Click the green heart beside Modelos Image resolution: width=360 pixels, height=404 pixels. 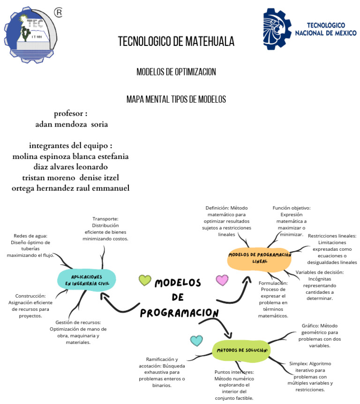click(145, 280)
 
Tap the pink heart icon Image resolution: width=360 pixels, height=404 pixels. click(222, 280)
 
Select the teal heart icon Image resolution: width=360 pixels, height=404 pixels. click(196, 341)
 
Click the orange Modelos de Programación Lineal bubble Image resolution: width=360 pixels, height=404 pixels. click(259, 258)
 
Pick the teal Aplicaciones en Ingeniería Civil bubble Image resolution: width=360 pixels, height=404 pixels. click(86, 280)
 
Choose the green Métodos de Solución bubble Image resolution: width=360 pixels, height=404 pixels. click(241, 351)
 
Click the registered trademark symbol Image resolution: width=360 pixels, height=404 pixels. click(58, 13)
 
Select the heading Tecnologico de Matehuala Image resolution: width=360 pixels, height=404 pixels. click(176, 42)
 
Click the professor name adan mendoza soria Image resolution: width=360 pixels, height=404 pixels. click(72, 125)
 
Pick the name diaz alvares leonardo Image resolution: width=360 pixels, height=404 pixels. click(71, 167)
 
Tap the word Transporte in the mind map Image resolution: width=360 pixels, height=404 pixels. click(105, 218)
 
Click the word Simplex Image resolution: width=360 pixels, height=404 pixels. click(298, 363)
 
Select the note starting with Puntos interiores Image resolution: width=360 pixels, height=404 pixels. click(233, 385)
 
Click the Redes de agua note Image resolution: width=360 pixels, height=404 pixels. click(30, 246)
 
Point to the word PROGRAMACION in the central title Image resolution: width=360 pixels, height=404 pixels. click(180, 313)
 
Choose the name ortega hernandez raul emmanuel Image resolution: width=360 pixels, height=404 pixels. click(71, 188)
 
